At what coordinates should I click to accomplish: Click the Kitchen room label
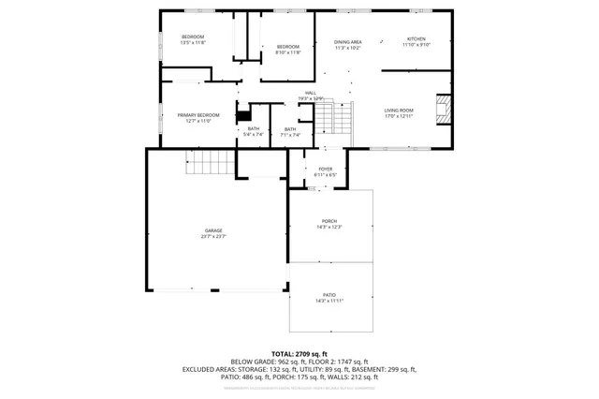[x=416, y=42]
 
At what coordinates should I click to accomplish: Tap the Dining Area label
[x=348, y=44]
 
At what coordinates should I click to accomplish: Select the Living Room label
[x=399, y=112]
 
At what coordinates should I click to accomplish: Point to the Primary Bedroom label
[x=197, y=117]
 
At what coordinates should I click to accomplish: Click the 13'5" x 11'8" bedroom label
[x=193, y=39]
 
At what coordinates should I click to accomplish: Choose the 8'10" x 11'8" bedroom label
[x=287, y=50]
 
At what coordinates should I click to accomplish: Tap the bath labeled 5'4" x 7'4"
[x=253, y=131]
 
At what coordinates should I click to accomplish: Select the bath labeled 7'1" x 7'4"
[x=290, y=132]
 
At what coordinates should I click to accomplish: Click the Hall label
[x=310, y=96]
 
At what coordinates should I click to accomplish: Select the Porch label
[x=329, y=224]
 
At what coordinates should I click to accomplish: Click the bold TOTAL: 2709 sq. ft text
[x=300, y=353]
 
